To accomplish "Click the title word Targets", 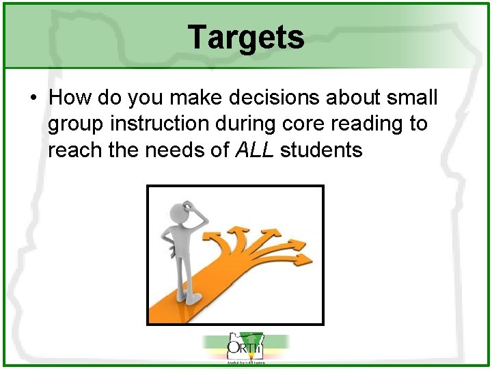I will click(246, 37).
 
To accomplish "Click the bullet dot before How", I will click(33, 98).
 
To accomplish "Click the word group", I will click(77, 124).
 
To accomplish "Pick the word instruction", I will click(160, 124).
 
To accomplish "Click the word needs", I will click(188, 150).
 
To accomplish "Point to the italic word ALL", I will click(254, 150).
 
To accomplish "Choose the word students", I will click(320, 150).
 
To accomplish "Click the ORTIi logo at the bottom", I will click(246, 348).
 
